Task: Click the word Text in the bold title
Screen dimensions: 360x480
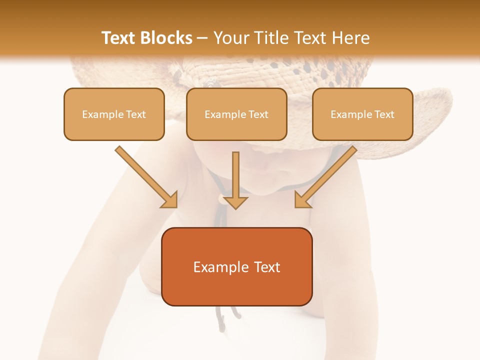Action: point(118,38)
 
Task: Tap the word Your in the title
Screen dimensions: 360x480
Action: point(229,38)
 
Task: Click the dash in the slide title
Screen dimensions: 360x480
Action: point(203,38)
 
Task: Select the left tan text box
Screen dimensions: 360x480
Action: point(114,114)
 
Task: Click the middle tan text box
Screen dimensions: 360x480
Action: point(236,114)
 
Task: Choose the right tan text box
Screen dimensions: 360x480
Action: point(362,114)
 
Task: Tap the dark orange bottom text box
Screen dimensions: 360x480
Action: point(236,266)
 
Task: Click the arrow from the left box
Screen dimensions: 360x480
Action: point(145,176)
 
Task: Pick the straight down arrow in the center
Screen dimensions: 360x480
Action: point(235,180)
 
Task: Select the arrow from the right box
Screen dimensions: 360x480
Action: point(326,176)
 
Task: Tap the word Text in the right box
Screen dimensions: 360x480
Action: point(384,114)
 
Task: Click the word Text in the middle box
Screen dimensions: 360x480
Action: point(258,114)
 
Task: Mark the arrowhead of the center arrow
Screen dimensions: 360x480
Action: point(235,201)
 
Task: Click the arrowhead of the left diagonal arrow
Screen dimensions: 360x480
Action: point(170,200)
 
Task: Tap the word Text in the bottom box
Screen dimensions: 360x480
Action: point(267,267)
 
